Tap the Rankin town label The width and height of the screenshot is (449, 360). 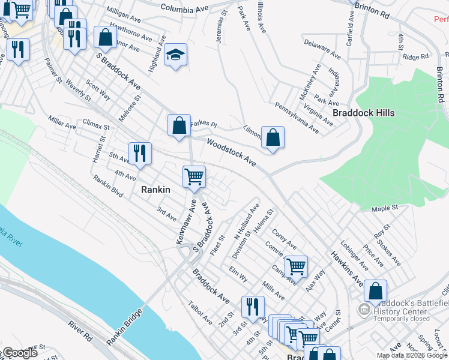(x=155, y=189)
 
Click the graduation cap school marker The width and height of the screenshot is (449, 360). (x=175, y=55)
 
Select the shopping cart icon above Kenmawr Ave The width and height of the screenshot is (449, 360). (x=194, y=177)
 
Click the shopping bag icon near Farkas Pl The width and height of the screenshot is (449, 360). (x=179, y=126)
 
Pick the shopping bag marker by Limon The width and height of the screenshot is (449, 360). (x=273, y=137)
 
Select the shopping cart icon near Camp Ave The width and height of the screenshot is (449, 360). (x=295, y=266)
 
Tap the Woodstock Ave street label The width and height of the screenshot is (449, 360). (x=232, y=153)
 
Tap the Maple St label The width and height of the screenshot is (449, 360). (x=385, y=208)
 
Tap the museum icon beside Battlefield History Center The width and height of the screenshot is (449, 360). (x=363, y=310)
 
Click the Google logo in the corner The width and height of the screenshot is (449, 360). (x=20, y=353)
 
